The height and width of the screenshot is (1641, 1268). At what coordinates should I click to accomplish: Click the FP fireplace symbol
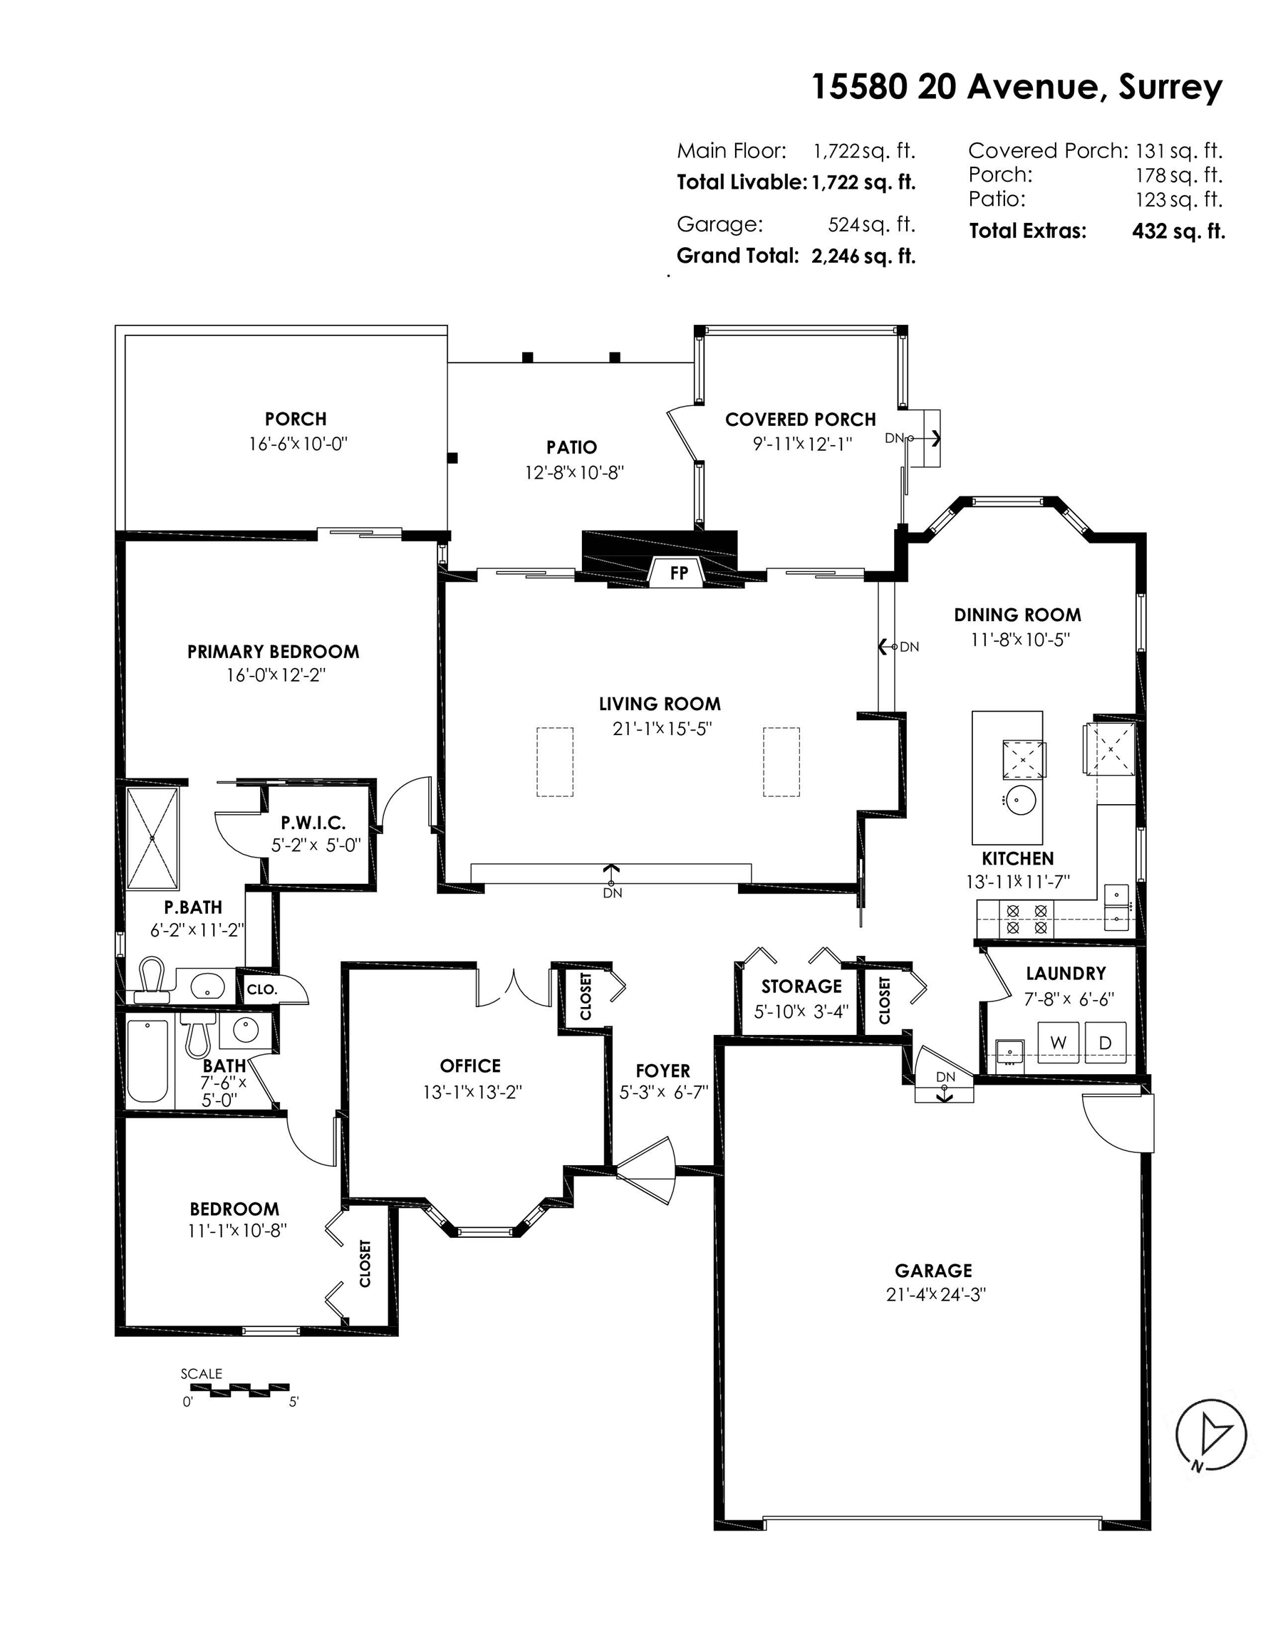(x=679, y=572)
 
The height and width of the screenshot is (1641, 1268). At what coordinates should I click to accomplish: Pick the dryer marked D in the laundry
(x=1105, y=1042)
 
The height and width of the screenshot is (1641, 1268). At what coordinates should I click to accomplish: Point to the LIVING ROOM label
(x=660, y=704)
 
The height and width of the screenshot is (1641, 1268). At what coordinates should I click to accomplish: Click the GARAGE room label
(x=933, y=1271)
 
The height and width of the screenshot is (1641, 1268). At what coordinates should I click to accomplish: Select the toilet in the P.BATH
(x=152, y=980)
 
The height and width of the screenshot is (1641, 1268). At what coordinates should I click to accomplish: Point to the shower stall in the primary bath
(x=152, y=838)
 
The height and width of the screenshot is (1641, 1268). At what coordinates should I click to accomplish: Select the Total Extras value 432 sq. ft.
(x=1178, y=231)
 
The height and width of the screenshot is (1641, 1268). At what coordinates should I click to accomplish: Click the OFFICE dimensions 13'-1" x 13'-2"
(x=472, y=1092)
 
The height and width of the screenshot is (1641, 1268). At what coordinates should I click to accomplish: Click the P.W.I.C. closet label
(x=313, y=823)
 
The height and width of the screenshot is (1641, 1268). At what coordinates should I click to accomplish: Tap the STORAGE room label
(x=801, y=986)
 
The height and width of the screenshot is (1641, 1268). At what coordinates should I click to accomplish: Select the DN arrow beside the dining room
(x=888, y=646)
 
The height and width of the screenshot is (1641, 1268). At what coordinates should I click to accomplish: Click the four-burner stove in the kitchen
(x=1027, y=919)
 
